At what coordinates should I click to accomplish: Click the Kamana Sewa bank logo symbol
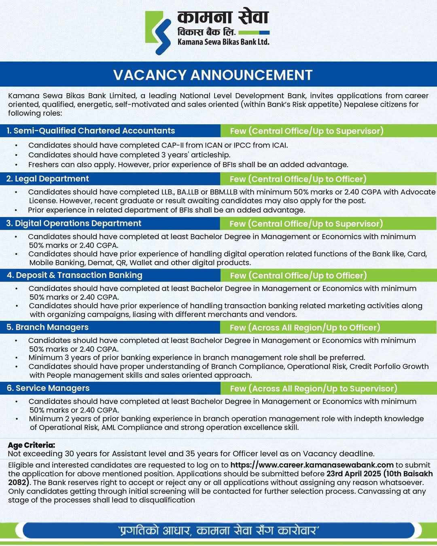(158, 32)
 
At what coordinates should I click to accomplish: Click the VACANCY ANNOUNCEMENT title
(213, 75)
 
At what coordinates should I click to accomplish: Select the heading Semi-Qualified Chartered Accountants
(91, 131)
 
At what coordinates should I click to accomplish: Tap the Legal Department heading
(48, 179)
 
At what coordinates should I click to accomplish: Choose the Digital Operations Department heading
(74, 223)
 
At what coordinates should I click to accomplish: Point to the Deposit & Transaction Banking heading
(74, 275)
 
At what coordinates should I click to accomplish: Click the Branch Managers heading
(48, 327)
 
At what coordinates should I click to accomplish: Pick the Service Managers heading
(48, 388)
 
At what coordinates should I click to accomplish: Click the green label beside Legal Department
(298, 179)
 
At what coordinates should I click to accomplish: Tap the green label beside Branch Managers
(305, 328)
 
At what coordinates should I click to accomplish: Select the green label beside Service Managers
(314, 389)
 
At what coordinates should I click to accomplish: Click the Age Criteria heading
(32, 445)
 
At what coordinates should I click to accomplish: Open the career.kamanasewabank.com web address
(312, 465)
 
